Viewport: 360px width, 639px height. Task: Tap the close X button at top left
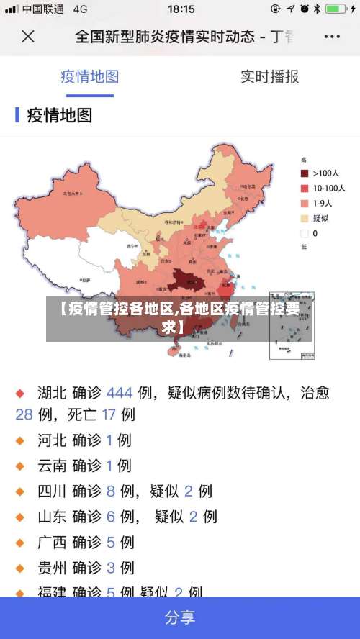pos(27,36)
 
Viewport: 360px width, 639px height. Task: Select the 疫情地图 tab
pos(89,77)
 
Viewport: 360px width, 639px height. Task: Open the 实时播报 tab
pos(269,77)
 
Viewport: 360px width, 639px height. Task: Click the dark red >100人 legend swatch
pos(305,173)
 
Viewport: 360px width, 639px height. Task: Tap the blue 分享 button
pos(180,617)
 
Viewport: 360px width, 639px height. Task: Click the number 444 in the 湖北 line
pos(120,393)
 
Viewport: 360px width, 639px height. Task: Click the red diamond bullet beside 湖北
pos(20,394)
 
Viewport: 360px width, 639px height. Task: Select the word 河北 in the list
pos(52,440)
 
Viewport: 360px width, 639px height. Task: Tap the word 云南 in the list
pos(52,466)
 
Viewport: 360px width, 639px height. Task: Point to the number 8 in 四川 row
pos(110,491)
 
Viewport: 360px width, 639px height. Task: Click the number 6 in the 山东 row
pos(110,517)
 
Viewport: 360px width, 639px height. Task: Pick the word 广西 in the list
pos(52,542)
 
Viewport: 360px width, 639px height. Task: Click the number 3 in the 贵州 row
pos(110,568)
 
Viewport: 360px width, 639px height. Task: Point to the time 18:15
pos(181,9)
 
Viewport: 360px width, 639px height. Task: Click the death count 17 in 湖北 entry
pos(109,414)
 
